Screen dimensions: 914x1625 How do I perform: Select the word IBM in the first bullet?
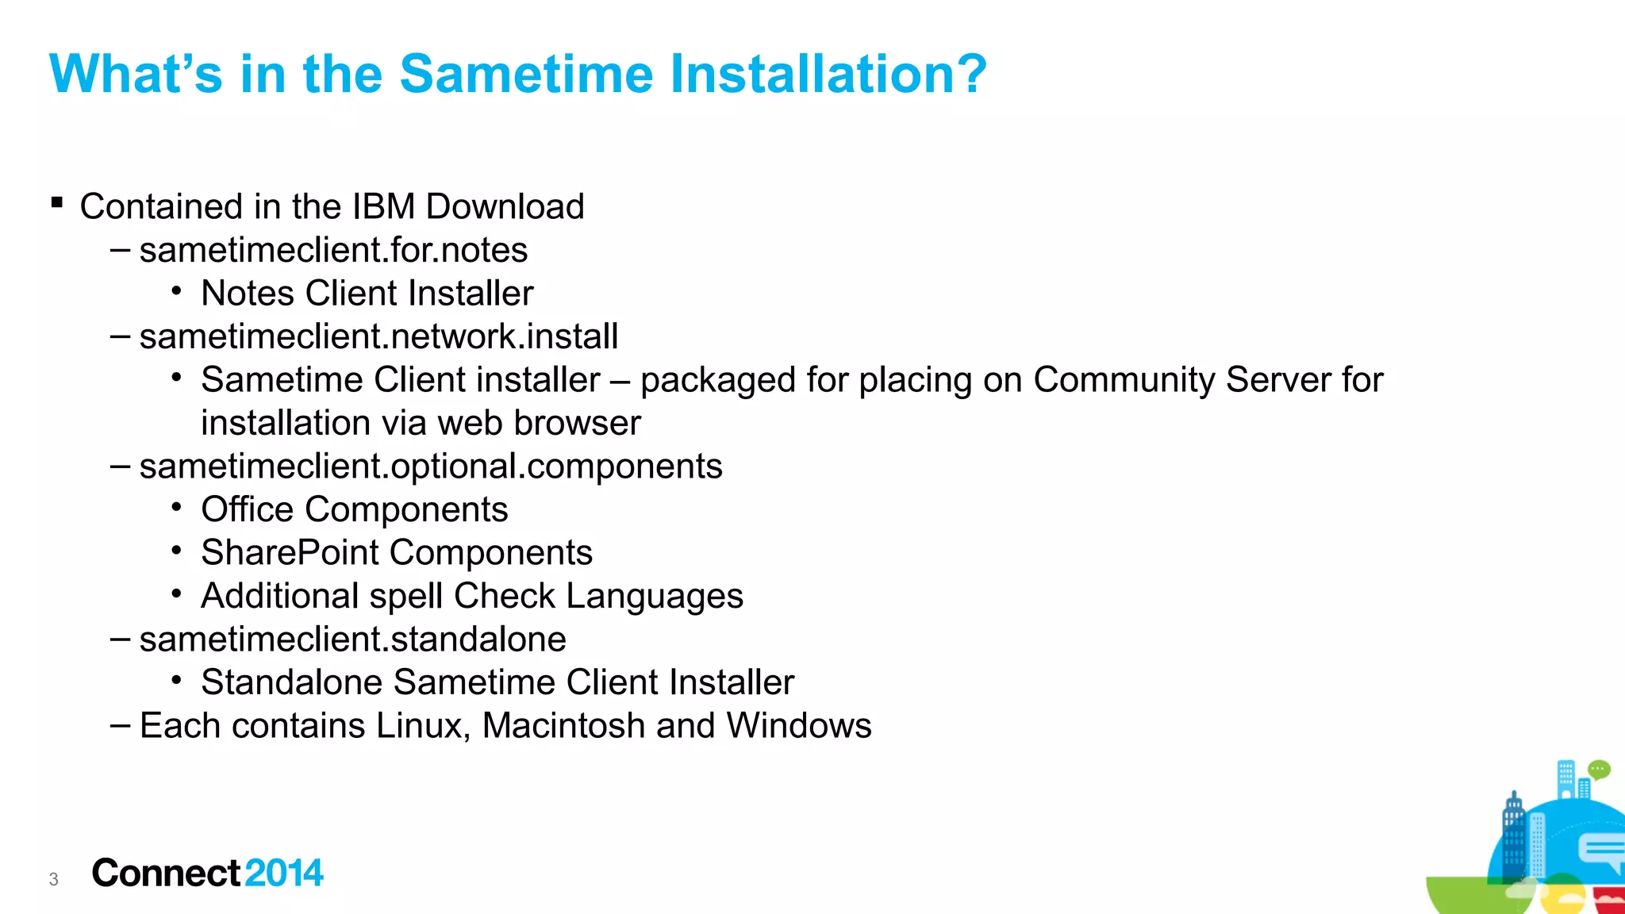coord(383,207)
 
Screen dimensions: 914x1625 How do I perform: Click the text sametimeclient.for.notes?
coord(333,251)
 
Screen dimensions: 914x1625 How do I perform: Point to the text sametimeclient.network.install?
coord(378,337)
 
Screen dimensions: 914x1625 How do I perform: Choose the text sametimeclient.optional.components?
coord(431,467)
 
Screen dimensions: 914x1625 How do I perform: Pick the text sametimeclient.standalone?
coord(352,639)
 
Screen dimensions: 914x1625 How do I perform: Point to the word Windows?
coord(799,726)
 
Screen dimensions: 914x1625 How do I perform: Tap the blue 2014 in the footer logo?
coord(284,874)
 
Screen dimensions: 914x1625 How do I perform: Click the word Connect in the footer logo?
coord(166,874)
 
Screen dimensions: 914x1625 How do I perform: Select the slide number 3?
coord(53,880)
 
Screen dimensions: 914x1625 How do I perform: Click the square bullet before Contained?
coord(56,203)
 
